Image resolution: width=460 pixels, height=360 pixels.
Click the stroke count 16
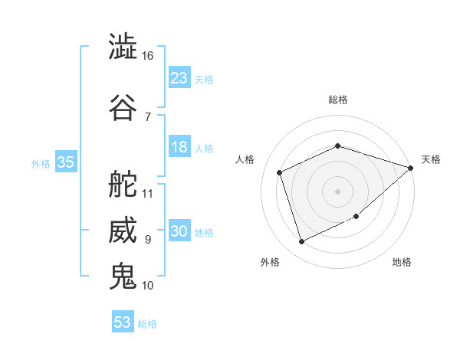tap(148, 56)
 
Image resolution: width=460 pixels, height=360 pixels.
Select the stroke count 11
tap(148, 193)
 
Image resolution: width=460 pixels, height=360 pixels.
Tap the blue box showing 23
tap(179, 78)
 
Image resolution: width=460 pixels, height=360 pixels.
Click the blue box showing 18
tap(179, 148)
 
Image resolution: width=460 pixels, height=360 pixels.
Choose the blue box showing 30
tap(179, 232)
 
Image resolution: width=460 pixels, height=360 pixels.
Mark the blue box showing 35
tap(65, 162)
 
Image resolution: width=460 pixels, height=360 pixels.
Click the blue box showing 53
tap(123, 322)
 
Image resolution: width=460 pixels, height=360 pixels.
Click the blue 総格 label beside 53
tap(147, 324)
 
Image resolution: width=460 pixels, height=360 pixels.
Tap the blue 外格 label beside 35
tap(41, 164)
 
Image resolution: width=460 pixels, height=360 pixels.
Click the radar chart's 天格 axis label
tap(431, 159)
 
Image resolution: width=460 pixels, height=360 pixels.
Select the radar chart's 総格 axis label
tap(338, 100)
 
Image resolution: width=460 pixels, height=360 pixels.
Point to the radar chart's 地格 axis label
tap(402, 262)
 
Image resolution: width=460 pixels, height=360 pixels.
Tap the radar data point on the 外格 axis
tap(301, 242)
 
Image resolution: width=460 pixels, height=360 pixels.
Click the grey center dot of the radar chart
tap(338, 191)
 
